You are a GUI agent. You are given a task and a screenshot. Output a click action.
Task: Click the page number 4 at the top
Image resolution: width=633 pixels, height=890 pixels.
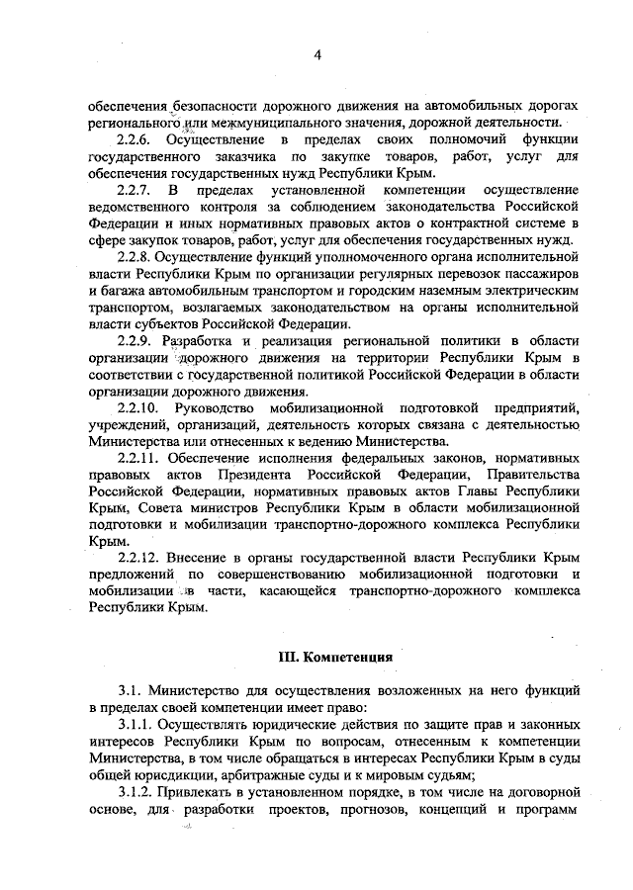(x=317, y=55)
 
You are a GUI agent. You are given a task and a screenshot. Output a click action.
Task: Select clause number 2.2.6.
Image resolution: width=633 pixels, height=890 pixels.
(x=136, y=139)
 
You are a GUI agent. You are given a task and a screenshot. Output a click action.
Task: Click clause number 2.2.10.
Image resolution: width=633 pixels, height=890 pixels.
(x=139, y=407)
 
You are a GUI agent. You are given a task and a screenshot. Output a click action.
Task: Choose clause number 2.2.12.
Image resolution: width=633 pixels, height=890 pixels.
(x=139, y=558)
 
